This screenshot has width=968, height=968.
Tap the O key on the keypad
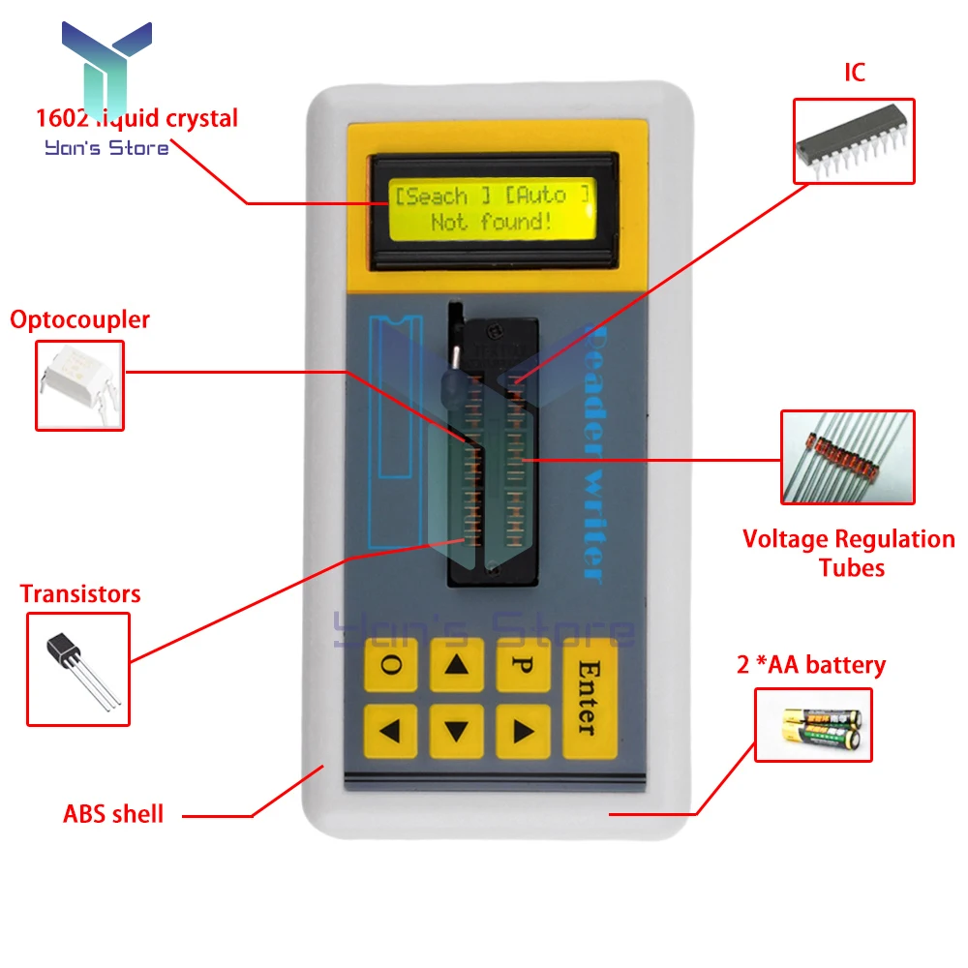click(x=390, y=664)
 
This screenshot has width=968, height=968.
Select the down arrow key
click(x=457, y=731)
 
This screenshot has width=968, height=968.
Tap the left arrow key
click(x=390, y=731)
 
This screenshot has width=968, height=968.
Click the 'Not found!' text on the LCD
click(x=492, y=222)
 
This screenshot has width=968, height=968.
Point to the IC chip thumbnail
click(x=854, y=140)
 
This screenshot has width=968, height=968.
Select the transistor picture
click(x=78, y=668)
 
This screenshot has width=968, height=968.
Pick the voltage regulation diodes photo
click(x=848, y=457)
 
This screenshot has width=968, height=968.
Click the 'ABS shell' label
click(x=113, y=813)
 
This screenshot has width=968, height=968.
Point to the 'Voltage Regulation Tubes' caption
click(x=849, y=553)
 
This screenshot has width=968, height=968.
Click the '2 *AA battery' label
click(x=811, y=665)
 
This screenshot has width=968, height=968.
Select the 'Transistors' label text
click(x=80, y=593)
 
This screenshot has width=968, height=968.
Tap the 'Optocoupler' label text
click(x=80, y=319)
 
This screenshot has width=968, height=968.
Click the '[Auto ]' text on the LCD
click(x=546, y=195)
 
